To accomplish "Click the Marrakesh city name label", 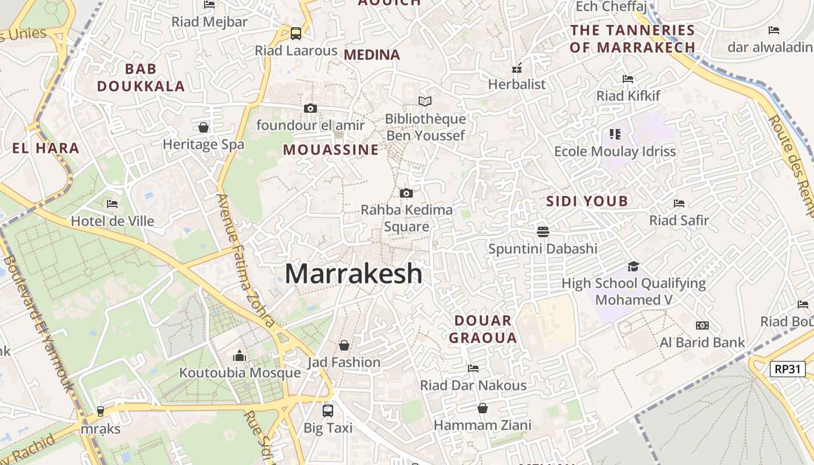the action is [354, 274].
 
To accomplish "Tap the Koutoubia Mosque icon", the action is [240, 356].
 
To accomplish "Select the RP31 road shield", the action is [788, 369].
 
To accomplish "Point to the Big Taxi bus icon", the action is [328, 410].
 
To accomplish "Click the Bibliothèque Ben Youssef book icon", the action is [425, 102].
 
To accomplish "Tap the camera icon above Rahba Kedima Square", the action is [406, 193].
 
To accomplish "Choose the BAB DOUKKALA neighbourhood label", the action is [141, 78].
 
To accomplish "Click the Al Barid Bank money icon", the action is [702, 325].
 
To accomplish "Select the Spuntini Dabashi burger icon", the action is [543, 231].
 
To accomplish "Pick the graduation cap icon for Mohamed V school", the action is [633, 266].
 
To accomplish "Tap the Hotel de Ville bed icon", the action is [112, 204].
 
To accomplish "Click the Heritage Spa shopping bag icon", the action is [203, 127].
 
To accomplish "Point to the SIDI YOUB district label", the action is [587, 202].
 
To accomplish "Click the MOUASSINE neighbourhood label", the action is [331, 150].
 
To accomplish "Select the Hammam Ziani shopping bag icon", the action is [482, 408].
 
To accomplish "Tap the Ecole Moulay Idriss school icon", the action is [615, 134].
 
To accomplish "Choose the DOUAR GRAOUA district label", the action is [483, 329].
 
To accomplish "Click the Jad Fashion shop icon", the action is [344, 345].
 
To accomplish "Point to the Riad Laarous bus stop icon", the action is [296, 33].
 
